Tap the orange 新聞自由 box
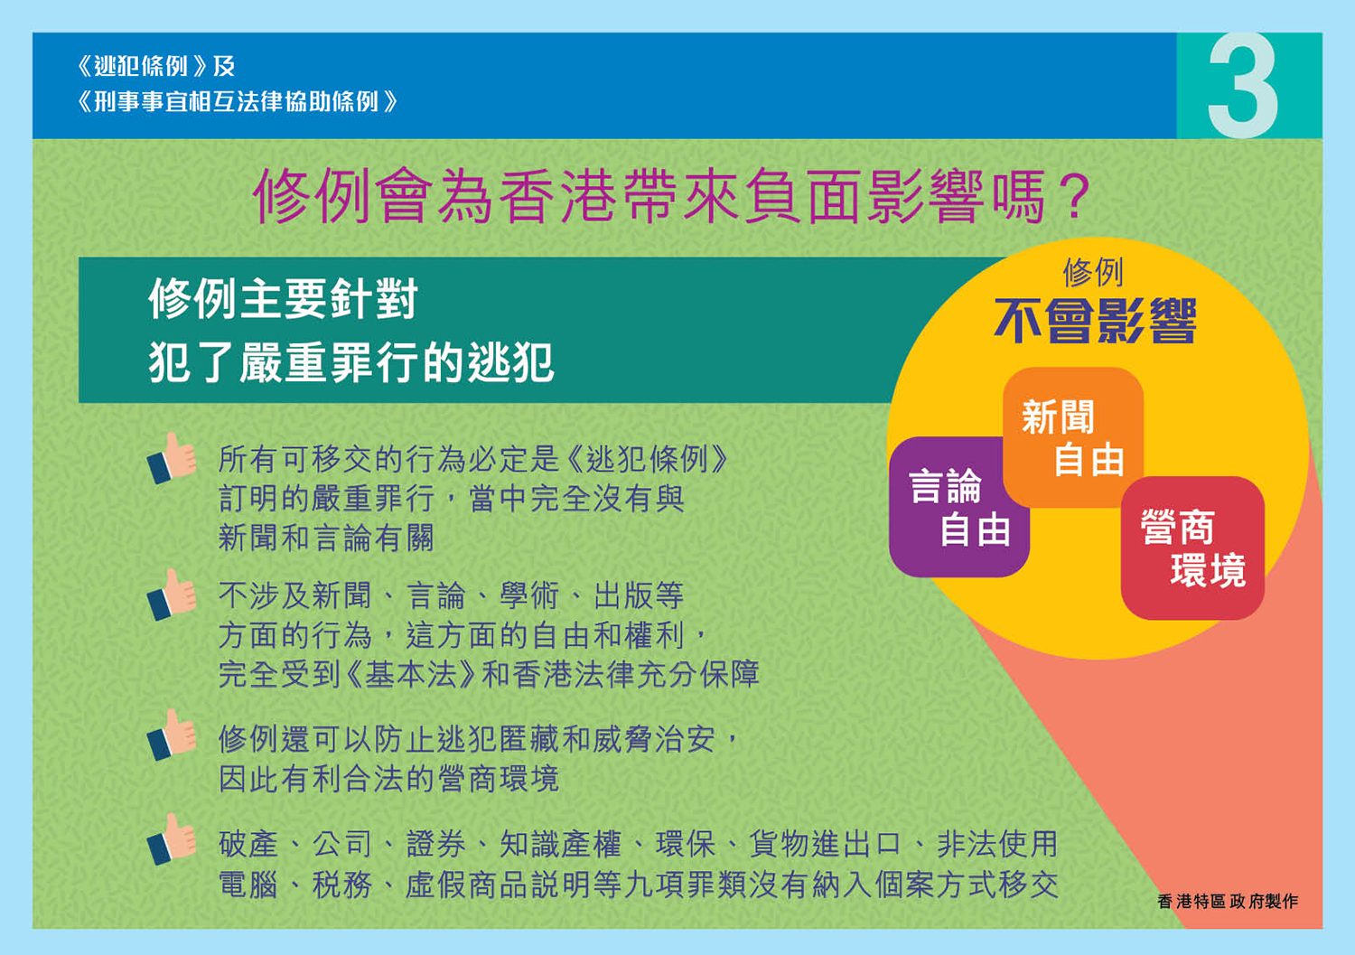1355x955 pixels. click(1073, 437)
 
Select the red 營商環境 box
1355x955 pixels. click(1192, 548)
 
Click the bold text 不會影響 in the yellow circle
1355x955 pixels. click(1096, 321)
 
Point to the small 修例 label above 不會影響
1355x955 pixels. click(1094, 272)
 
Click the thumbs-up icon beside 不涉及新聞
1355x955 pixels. click(172, 595)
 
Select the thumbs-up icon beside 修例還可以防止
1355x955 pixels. click(172, 735)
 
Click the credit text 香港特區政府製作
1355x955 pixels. click(1228, 901)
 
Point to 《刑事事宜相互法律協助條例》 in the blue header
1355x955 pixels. click(238, 101)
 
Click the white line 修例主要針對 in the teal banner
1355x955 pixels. click(283, 298)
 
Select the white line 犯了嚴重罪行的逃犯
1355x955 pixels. click(350, 361)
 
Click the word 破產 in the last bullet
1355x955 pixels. click(248, 844)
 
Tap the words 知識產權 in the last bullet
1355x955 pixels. click(560, 844)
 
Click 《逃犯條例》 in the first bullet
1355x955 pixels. click(648, 459)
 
